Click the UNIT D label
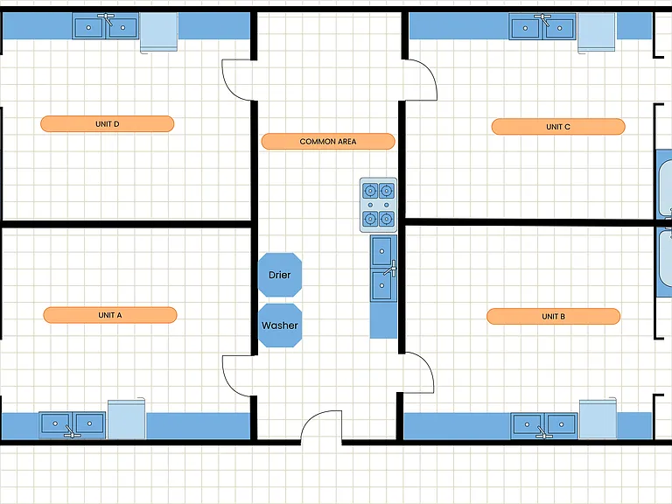107,124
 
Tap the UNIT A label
110,315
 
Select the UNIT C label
558,127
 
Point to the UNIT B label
553,316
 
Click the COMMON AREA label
328,142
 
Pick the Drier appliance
280,275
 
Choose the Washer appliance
280,325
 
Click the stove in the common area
378,205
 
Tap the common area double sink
383,269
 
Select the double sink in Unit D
105,26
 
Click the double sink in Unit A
72,424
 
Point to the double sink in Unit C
542,27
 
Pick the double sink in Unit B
544,426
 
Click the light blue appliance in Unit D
159,32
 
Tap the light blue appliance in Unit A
126,419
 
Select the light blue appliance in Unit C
597,32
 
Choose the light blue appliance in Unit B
598,419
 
